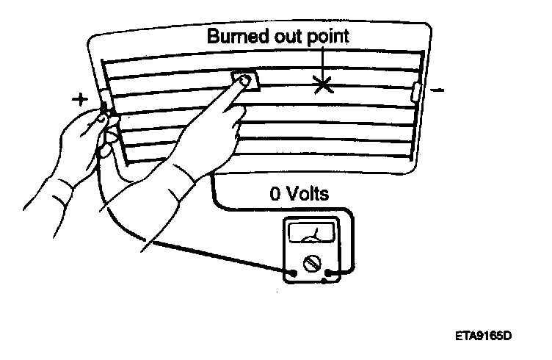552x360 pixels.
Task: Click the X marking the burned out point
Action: [322, 84]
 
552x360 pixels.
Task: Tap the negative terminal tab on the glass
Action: [417, 92]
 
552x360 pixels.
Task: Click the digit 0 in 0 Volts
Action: [275, 194]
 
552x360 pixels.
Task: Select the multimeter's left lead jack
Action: [294, 274]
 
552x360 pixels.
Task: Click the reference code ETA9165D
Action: [482, 336]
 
